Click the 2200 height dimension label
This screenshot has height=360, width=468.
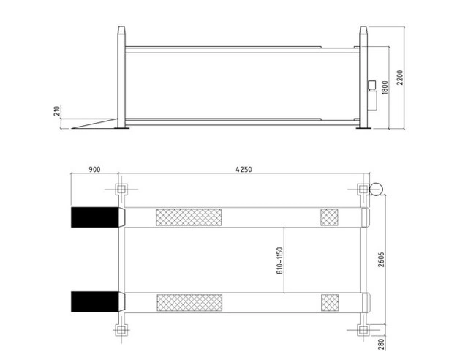400,78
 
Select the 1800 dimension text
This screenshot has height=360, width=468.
385,88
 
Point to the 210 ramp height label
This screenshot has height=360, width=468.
57,110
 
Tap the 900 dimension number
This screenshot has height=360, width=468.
94,170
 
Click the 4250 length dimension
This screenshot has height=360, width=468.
244,170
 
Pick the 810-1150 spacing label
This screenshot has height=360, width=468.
279,260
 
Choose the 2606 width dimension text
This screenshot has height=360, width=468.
381,259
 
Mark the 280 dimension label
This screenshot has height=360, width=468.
382,344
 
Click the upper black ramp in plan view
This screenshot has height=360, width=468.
95,217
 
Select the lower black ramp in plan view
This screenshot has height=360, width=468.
95,301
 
